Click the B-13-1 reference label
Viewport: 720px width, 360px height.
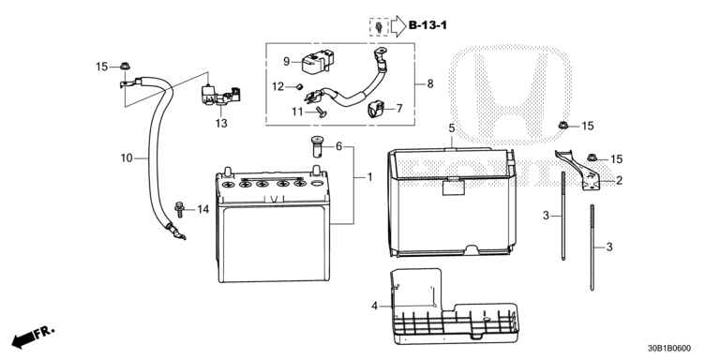(427, 25)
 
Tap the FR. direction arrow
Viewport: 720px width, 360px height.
(33, 337)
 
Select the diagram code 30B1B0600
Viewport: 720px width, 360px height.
(669, 349)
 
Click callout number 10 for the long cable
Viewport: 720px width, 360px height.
(127, 158)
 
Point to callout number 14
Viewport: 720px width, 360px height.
(202, 209)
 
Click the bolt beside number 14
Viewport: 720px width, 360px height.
(179, 209)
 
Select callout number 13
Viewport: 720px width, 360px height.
(221, 124)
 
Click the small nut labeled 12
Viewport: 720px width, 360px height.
(299, 86)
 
